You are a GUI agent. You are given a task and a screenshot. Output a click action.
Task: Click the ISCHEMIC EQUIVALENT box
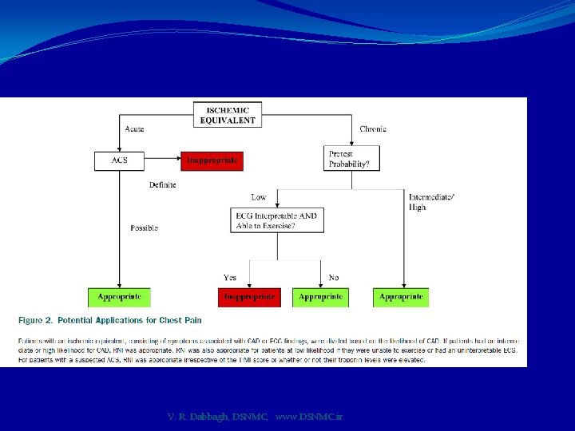(228, 115)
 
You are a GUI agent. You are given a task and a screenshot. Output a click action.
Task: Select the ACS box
(118, 160)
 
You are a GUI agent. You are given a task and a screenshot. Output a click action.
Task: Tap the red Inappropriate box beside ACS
(212, 160)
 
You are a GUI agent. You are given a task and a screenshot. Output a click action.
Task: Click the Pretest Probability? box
(351, 158)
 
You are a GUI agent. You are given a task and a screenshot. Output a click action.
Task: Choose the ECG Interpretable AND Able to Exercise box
(276, 220)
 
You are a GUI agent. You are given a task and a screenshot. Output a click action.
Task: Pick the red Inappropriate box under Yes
(249, 297)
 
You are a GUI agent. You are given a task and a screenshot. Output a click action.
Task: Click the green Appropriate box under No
(320, 297)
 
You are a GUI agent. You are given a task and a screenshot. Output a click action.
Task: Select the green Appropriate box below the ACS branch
(119, 297)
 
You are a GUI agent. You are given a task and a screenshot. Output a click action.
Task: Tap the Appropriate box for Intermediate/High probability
(401, 297)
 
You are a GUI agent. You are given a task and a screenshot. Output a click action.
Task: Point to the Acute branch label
(134, 129)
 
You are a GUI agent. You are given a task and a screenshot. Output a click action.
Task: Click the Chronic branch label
(373, 129)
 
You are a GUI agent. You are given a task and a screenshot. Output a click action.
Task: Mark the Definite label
(162, 185)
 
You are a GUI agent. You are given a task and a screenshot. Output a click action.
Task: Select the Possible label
(144, 228)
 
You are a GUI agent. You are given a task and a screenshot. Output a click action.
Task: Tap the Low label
(259, 197)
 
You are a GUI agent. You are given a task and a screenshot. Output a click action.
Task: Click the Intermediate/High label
(432, 202)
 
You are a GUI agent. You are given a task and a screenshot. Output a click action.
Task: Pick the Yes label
(230, 278)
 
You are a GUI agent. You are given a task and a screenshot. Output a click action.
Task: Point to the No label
(334, 278)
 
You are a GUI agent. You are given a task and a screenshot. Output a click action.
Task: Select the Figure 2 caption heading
(110, 320)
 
